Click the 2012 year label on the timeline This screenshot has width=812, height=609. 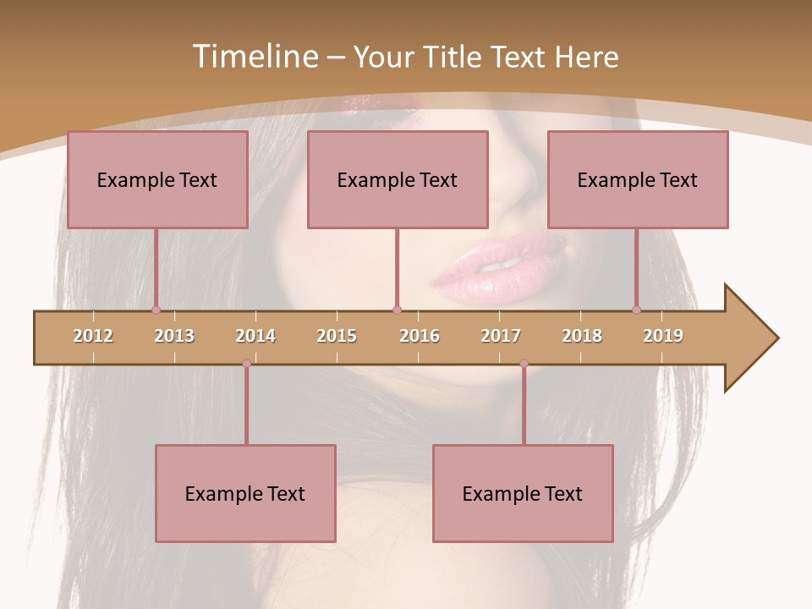pyautogui.click(x=93, y=336)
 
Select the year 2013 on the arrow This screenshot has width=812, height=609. pyautogui.click(x=174, y=336)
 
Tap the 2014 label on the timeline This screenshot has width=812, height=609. pyautogui.click(x=255, y=336)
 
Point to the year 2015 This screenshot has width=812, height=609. pyautogui.click(x=337, y=336)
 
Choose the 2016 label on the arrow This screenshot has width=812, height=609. pyautogui.click(x=420, y=336)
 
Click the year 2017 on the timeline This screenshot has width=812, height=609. pyautogui.click(x=501, y=336)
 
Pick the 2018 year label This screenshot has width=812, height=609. pyautogui.click(x=582, y=336)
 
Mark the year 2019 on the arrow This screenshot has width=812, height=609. pyautogui.click(x=663, y=336)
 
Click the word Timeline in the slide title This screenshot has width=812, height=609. pyautogui.click(x=254, y=57)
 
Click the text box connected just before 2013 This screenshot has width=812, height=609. pyautogui.click(x=157, y=179)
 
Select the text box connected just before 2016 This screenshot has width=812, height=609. pyautogui.click(x=398, y=179)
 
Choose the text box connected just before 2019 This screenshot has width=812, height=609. pyautogui.click(x=638, y=179)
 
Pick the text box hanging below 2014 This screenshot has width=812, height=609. pyautogui.click(x=245, y=493)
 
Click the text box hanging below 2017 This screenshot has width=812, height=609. pyautogui.click(x=523, y=493)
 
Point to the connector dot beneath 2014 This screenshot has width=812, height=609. pyautogui.click(x=246, y=364)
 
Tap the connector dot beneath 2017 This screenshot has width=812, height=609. pyautogui.click(x=524, y=364)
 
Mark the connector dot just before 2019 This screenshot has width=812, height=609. pyautogui.click(x=636, y=310)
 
